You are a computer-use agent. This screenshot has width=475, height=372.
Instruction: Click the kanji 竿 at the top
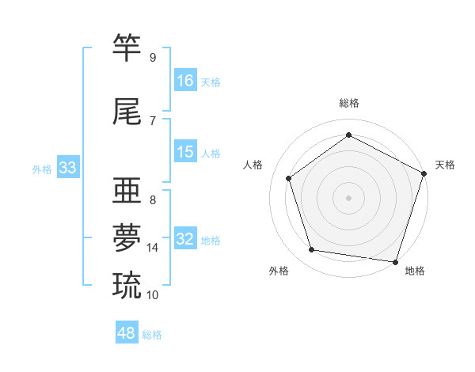coord(127,47)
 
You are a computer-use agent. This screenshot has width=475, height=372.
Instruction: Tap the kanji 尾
coord(127,112)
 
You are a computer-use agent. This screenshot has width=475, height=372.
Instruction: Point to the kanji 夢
coord(127,237)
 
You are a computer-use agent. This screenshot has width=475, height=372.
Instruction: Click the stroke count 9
coord(152,58)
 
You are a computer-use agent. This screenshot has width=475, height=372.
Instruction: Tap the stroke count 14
coord(153,248)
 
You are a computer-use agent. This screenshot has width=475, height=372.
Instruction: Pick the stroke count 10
coord(153,295)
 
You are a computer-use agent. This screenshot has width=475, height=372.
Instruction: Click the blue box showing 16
coord(185,80)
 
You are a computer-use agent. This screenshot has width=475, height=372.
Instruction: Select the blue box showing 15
coord(185,152)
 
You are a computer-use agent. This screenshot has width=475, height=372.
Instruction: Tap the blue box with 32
coord(185,239)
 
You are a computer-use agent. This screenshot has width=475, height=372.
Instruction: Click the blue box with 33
coord(68,168)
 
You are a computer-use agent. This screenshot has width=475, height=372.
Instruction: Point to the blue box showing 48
coord(127,333)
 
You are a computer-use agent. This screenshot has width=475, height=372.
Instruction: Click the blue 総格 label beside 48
coord(152,335)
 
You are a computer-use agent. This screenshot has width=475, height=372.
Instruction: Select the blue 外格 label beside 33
coord(42,169)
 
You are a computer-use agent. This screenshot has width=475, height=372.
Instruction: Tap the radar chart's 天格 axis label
coord(445,165)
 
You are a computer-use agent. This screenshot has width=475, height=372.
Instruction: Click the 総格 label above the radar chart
coord(348,103)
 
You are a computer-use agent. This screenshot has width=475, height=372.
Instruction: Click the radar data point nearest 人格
coord(289,178)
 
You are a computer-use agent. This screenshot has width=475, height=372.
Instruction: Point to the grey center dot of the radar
coord(348,197)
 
